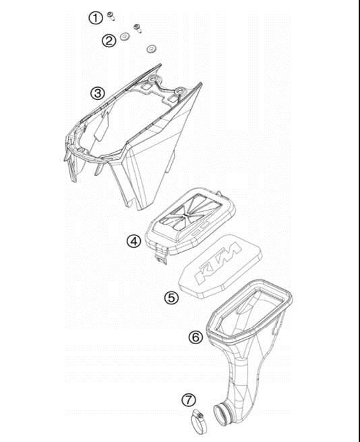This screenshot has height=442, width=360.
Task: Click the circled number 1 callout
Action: (x=96, y=18)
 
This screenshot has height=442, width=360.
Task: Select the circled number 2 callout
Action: (x=109, y=41)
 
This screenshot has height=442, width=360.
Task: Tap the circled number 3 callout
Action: (x=98, y=93)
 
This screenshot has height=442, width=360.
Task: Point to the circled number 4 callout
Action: (x=133, y=242)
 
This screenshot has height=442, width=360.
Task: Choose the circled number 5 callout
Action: (x=171, y=298)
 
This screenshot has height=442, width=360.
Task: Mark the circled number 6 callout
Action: (x=196, y=337)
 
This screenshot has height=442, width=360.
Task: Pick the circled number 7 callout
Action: (x=189, y=400)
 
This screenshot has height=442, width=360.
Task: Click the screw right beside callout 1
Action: (x=111, y=16)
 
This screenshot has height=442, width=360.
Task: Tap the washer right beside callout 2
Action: (x=124, y=36)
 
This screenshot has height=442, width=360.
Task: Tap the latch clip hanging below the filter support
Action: (x=161, y=254)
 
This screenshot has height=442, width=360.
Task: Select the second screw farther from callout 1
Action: (x=138, y=28)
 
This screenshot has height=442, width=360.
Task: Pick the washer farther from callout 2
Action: (x=152, y=49)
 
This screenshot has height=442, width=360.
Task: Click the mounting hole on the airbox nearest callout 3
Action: (x=153, y=78)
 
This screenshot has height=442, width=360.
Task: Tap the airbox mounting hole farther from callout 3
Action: (x=179, y=91)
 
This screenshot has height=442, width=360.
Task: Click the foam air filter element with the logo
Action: (x=220, y=266)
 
